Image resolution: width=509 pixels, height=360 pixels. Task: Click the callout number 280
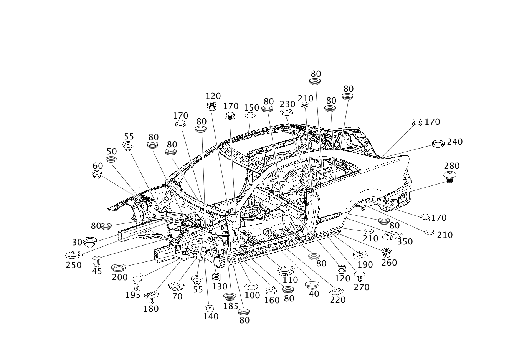452,166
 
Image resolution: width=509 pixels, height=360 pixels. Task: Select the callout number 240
455,142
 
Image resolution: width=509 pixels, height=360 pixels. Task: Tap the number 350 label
405,242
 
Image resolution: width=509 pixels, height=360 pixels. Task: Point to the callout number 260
389,263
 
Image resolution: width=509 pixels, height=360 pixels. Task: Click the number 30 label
77,243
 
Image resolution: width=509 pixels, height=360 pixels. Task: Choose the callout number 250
74,265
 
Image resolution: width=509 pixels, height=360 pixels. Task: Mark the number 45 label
97,271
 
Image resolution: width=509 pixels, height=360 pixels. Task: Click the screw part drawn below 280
450,177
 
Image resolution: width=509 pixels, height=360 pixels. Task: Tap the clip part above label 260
387,253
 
